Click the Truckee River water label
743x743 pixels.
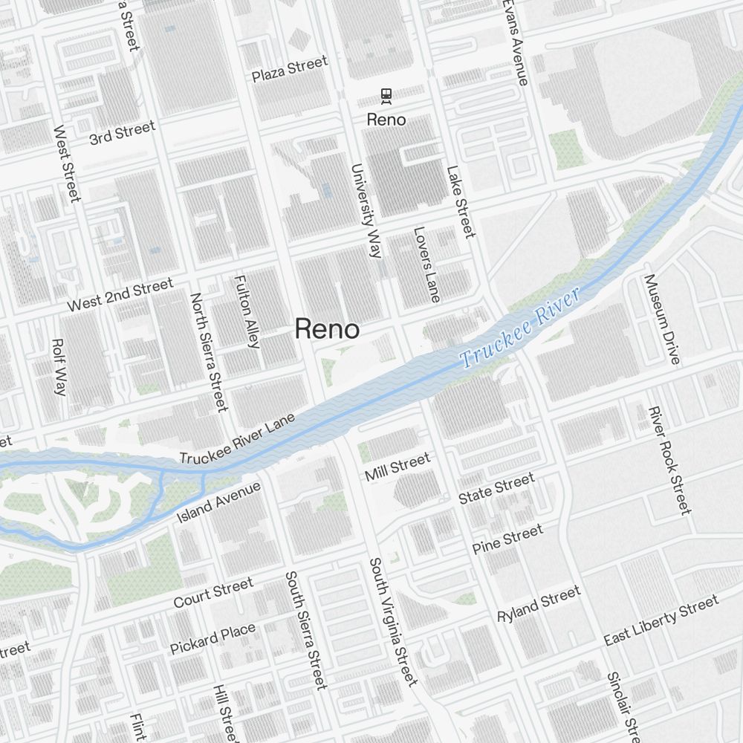pyautogui.click(x=519, y=328)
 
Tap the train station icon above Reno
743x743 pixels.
pyautogui.click(x=386, y=94)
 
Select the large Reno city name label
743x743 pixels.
pyautogui.click(x=327, y=328)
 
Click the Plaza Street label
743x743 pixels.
pyautogui.click(x=289, y=69)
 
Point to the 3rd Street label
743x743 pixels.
pyautogui.click(x=123, y=132)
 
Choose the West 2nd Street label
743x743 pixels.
pyautogui.click(x=120, y=294)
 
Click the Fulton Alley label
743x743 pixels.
pyautogui.click(x=247, y=312)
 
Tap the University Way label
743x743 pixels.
pyautogui.click(x=366, y=210)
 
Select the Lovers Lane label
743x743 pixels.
pyautogui.click(x=427, y=265)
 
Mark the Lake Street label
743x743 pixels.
pyautogui.click(x=461, y=201)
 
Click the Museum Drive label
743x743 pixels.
pyautogui.click(x=661, y=319)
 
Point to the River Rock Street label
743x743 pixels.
pyautogui.click(x=669, y=460)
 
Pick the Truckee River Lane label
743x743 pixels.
pyautogui.click(x=237, y=439)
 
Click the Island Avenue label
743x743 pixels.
pyautogui.click(x=218, y=502)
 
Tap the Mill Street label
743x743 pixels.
pyautogui.click(x=397, y=467)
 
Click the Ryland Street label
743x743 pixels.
pyautogui.click(x=539, y=605)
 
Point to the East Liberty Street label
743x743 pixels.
pyautogui.click(x=661, y=620)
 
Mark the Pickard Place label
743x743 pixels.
pyautogui.click(x=212, y=639)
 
